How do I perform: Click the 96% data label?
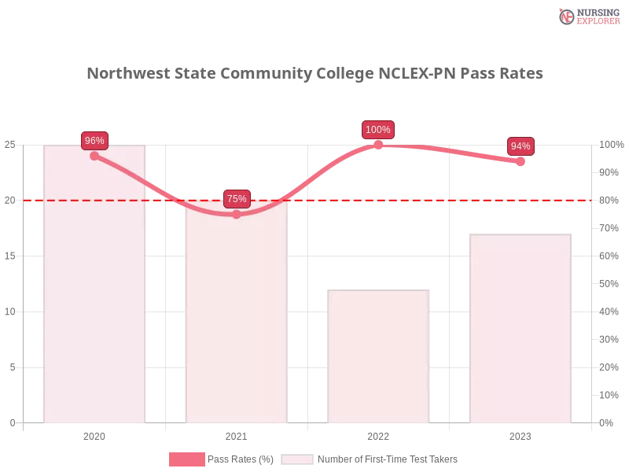pos(94,141)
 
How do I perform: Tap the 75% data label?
pos(237,199)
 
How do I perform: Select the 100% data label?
pos(378,130)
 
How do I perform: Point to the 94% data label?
pos(520,146)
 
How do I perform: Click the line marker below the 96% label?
pos(94,156)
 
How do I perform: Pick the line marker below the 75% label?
pos(237,214)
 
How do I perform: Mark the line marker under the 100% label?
pos(378,145)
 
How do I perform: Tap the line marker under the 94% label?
pos(520,161)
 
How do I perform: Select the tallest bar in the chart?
pos(94,283)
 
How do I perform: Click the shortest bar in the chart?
pos(380,358)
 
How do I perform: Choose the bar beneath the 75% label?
pos(237,315)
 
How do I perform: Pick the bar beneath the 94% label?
pos(519,330)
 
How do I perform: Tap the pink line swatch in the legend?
pos(187,459)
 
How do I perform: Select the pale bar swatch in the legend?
pos(297,459)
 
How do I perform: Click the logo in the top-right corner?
pos(587,16)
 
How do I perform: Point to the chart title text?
pos(314,74)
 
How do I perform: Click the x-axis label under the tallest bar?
pos(94,434)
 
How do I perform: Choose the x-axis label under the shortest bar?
pos(378,434)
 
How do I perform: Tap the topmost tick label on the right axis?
pos(611,145)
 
